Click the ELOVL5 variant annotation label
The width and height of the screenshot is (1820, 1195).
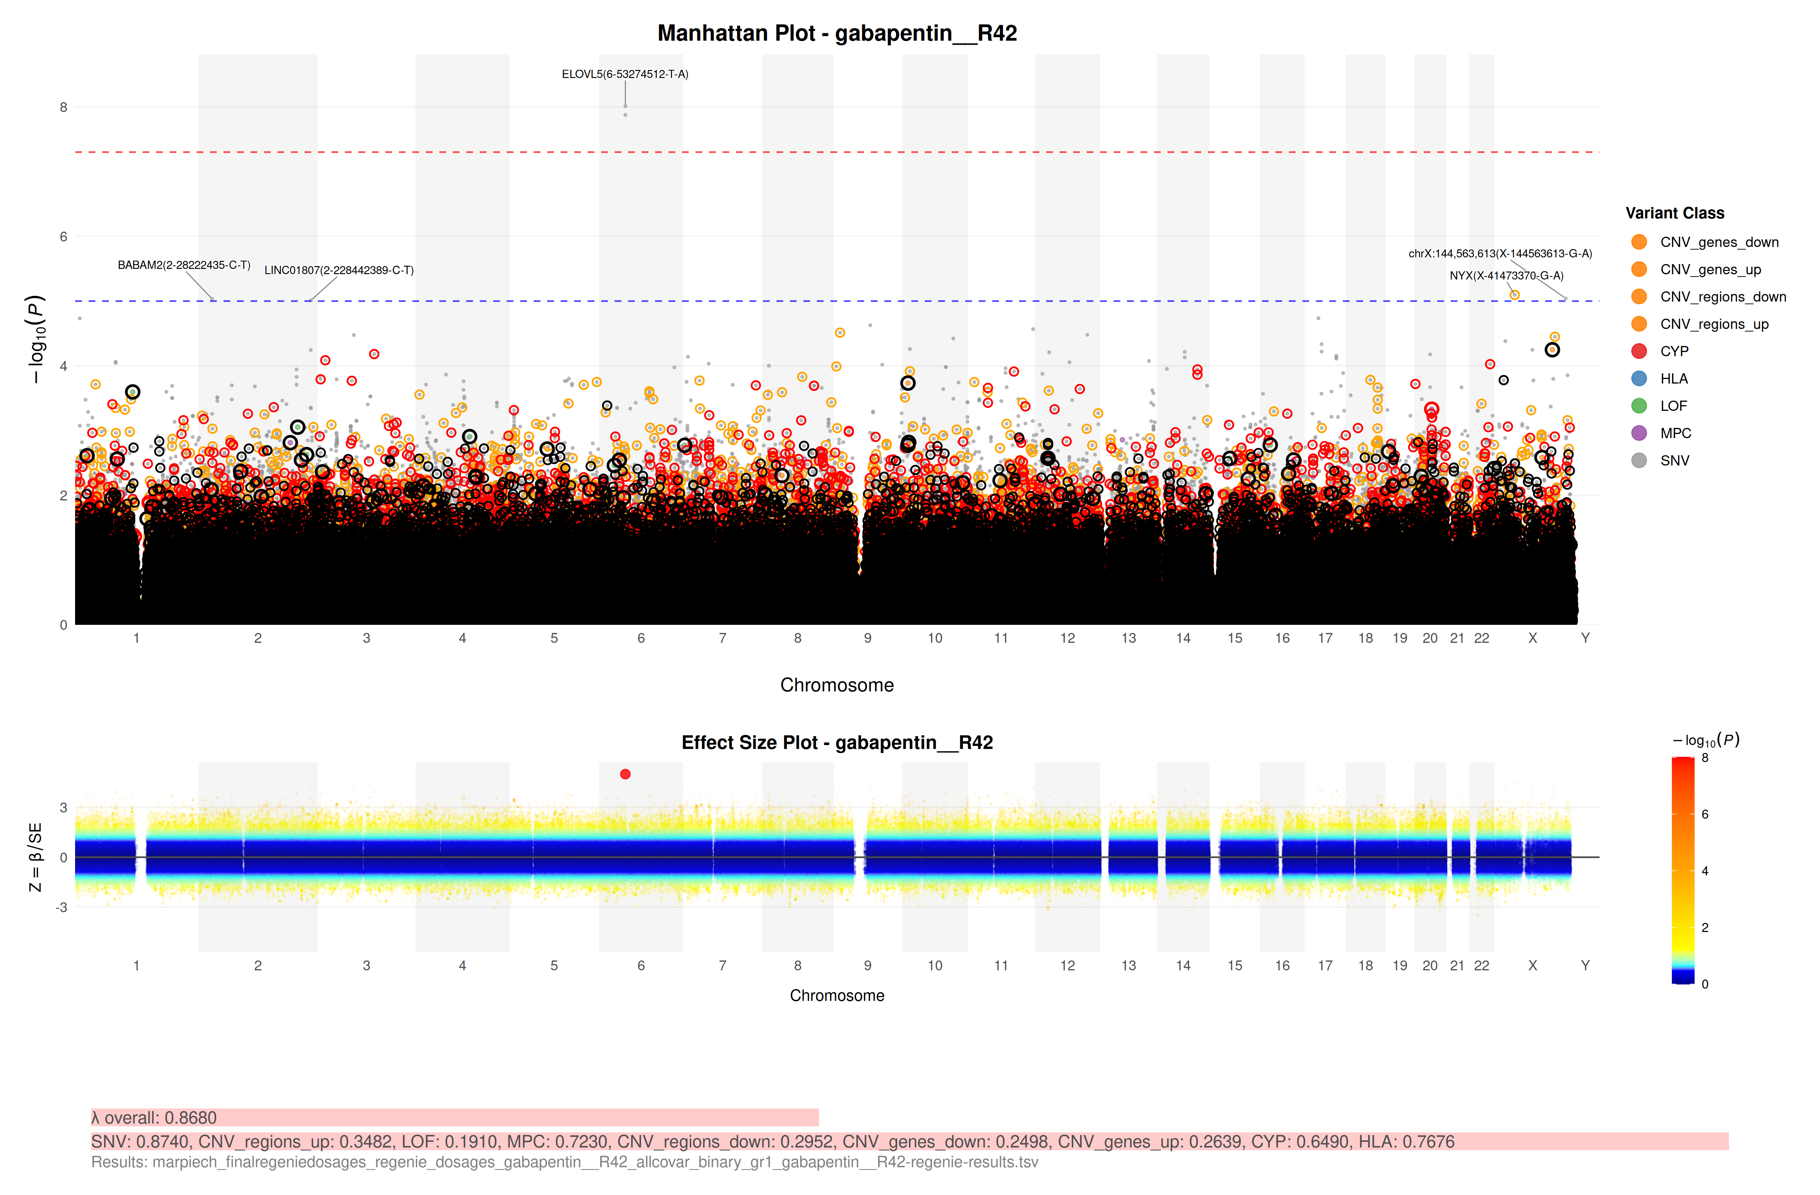tap(625, 74)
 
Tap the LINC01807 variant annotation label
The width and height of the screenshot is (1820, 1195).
tap(339, 270)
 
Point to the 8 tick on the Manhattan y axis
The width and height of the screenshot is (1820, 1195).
tap(64, 107)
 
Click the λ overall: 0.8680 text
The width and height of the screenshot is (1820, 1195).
tap(154, 1118)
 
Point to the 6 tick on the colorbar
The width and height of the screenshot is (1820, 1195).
tap(1704, 814)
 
